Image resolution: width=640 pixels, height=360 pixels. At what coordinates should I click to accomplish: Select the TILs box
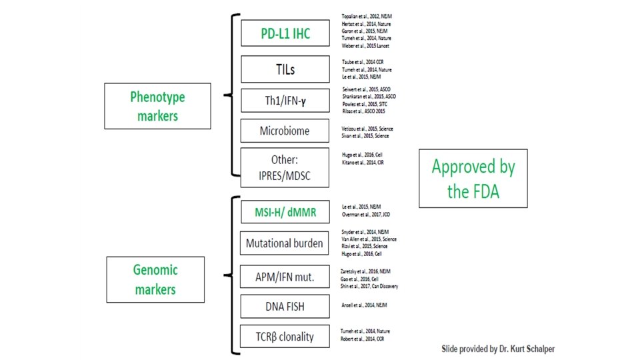[x=285, y=69]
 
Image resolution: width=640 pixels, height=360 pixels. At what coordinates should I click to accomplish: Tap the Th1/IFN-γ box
[x=285, y=101]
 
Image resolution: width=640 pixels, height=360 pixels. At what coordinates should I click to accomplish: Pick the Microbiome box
[x=285, y=131]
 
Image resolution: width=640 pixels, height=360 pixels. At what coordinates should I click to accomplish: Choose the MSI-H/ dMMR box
[x=285, y=213]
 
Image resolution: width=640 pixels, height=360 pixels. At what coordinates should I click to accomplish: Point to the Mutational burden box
[x=285, y=243]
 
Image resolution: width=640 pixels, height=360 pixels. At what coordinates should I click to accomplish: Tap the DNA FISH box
[x=285, y=306]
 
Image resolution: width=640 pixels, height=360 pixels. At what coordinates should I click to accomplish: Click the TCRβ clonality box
[x=285, y=337]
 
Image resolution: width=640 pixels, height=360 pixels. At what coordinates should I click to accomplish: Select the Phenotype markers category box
[x=157, y=105]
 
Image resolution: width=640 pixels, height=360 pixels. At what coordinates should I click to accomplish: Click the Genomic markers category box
[x=154, y=279]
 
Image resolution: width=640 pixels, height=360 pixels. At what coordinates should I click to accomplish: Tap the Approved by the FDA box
[x=473, y=178]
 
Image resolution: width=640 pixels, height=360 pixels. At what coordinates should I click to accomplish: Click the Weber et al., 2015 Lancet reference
[x=365, y=46]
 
